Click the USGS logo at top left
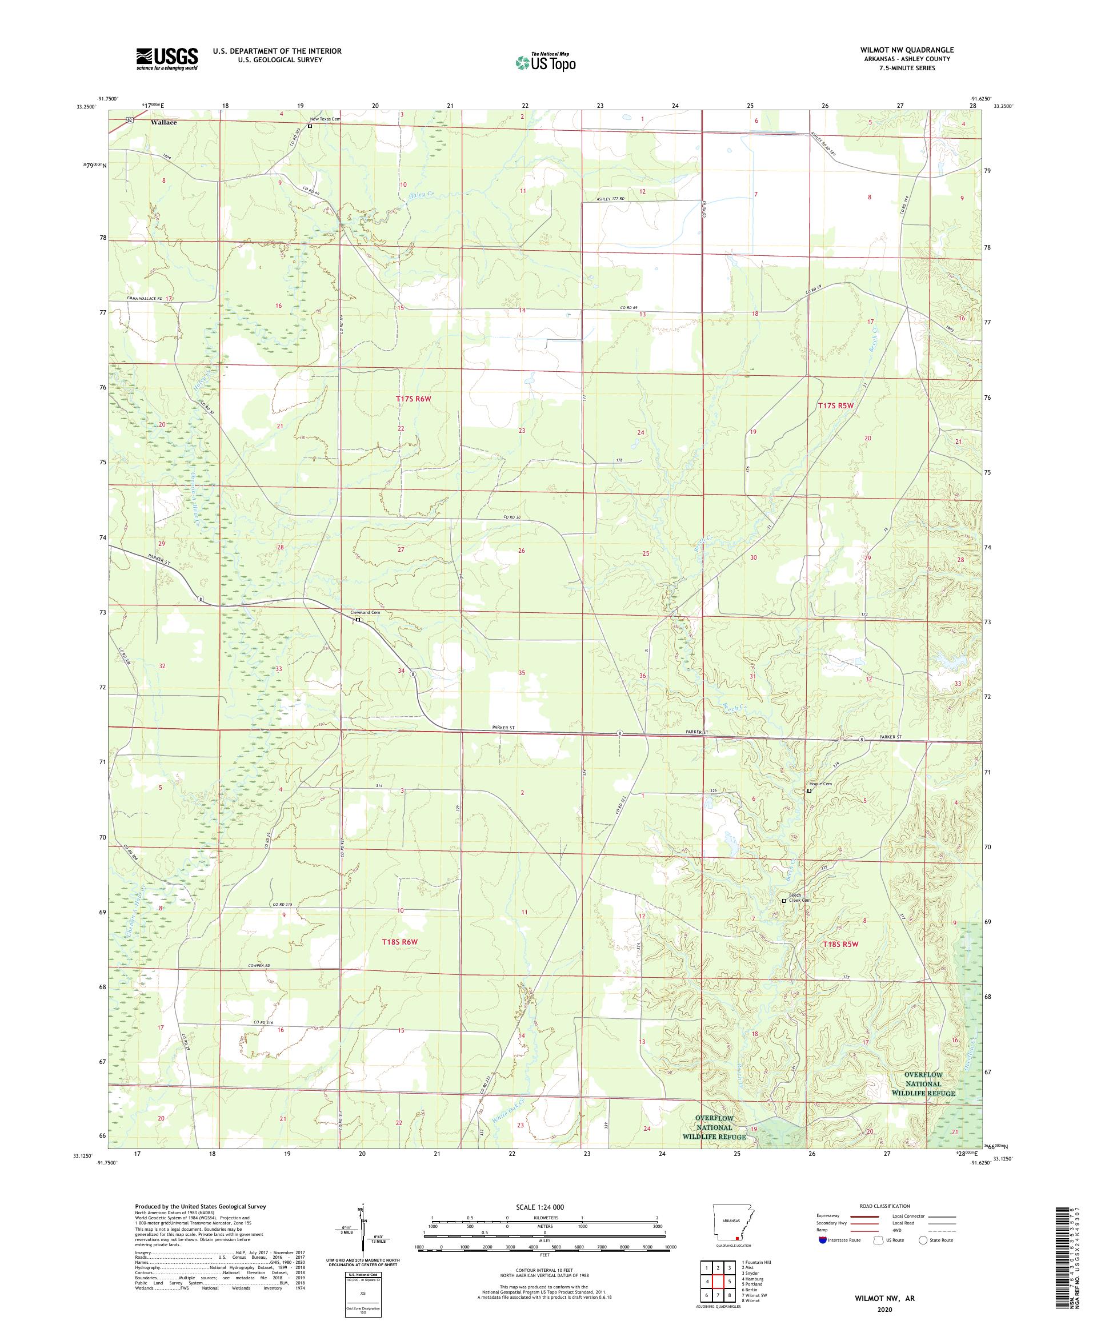[x=167, y=59]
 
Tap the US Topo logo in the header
[x=545, y=62]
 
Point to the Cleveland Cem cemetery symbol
[x=357, y=620]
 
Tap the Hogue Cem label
[x=820, y=784]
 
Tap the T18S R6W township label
[x=400, y=941]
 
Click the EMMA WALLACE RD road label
[x=145, y=298]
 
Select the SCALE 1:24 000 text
[x=545, y=1206]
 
